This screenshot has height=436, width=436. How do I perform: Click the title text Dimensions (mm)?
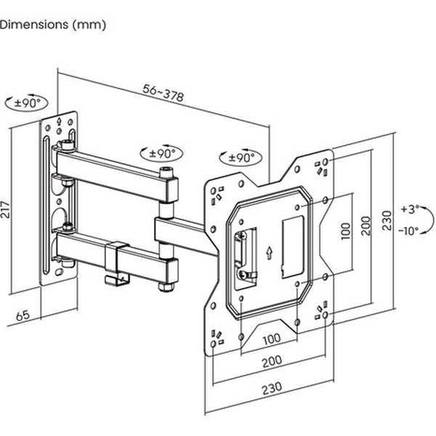[x=53, y=25]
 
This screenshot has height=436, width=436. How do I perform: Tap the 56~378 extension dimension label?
[x=163, y=92]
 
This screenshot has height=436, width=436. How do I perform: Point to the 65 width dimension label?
[x=23, y=316]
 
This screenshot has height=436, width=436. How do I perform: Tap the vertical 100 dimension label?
[x=347, y=233]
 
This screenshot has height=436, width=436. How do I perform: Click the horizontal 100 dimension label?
[x=272, y=339]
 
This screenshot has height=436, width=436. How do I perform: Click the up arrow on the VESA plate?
[x=269, y=253]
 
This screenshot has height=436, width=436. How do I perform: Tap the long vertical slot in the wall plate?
[x=47, y=207]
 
